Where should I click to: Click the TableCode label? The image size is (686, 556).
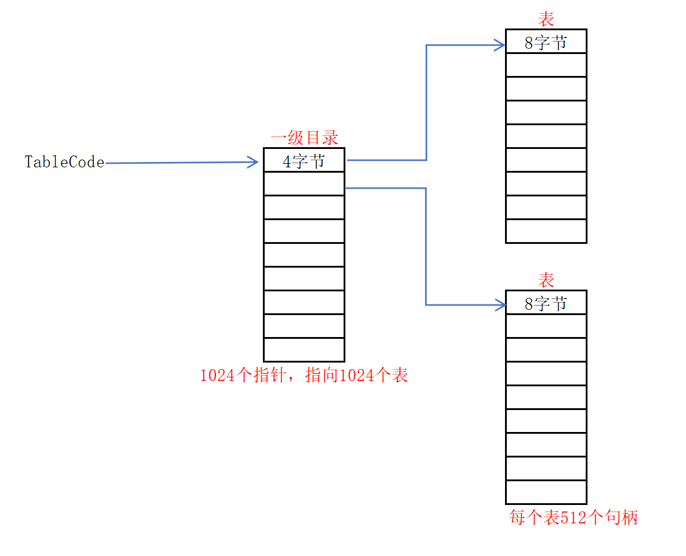pos(64,162)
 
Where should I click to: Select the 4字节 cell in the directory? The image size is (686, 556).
pos(304,161)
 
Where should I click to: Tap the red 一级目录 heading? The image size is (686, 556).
pos(304,138)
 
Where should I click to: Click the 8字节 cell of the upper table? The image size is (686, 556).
pos(546,42)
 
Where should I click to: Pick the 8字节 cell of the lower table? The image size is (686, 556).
pos(546,303)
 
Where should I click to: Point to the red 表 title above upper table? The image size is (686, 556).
pos(546,20)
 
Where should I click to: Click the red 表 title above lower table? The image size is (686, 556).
pos(546,280)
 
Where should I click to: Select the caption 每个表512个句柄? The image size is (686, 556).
pos(573,517)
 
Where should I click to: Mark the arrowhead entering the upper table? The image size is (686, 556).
pos(500,45)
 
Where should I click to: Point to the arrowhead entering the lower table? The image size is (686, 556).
pos(500,305)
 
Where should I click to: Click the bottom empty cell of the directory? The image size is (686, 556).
pos(304,350)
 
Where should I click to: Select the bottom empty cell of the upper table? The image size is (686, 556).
pos(546,231)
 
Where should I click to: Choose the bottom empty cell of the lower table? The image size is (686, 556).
pos(546,492)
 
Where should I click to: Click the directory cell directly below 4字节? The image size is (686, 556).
pos(304,183)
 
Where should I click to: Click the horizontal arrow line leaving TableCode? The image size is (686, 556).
pos(178,163)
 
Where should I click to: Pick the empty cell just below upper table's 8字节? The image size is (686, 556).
pos(546,65)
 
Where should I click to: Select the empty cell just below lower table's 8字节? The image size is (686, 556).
pos(546,326)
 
